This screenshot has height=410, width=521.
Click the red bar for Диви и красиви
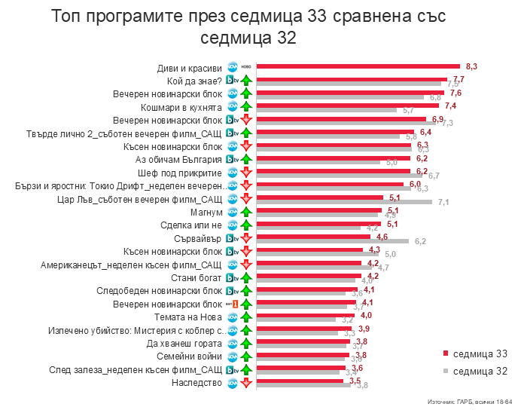[358, 66]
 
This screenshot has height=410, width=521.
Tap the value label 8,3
[472, 66]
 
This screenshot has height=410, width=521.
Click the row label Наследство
[198, 383]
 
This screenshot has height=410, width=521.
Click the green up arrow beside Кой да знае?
[245, 81]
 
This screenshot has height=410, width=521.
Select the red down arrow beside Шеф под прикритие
[245, 173]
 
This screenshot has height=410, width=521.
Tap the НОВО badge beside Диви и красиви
[245, 66]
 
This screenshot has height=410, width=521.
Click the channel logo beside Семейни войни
[233, 356]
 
